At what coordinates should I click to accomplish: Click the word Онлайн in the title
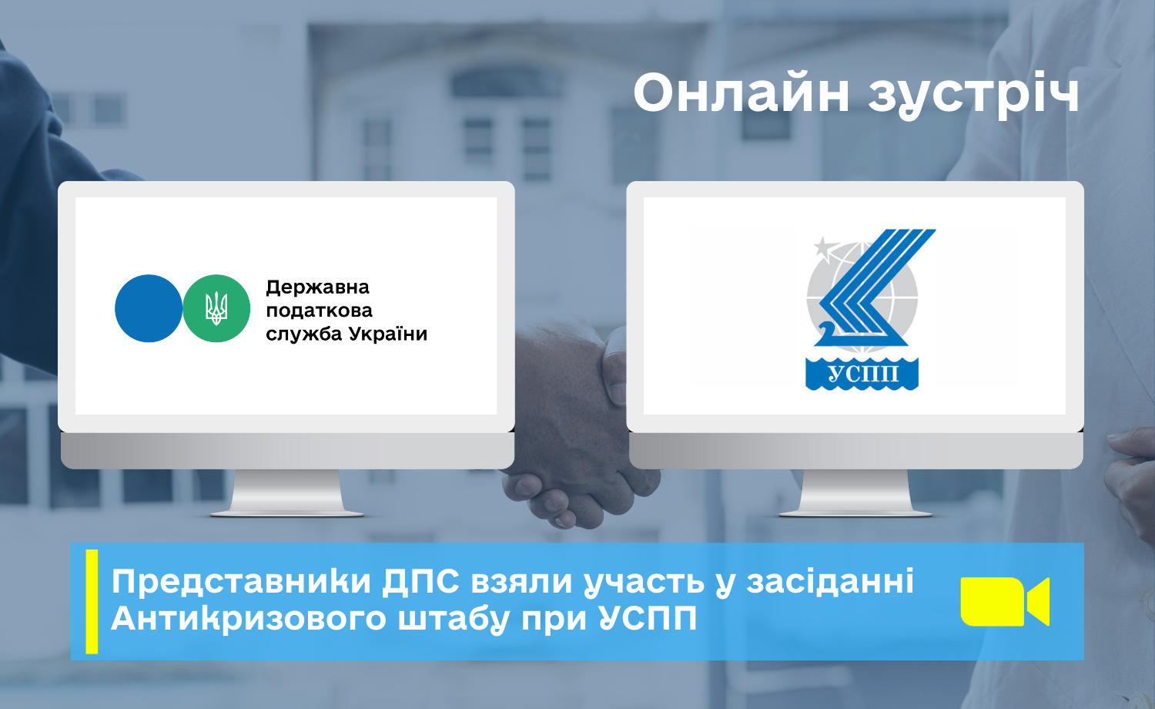741,92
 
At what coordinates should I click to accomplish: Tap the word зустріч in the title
973,96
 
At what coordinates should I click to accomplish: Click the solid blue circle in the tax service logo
149,308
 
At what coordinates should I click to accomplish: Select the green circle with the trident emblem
216,308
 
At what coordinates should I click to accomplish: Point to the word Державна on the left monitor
317,287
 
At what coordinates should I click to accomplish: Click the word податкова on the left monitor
320,311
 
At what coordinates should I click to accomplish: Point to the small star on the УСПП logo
823,245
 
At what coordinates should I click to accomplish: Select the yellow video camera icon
1005,602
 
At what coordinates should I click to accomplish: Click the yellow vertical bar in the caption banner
92,602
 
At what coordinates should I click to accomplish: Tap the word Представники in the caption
241,582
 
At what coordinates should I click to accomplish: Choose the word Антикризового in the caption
249,618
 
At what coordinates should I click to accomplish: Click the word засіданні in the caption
830,581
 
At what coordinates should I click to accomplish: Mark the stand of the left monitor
286,492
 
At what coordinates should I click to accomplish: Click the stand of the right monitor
855,492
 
